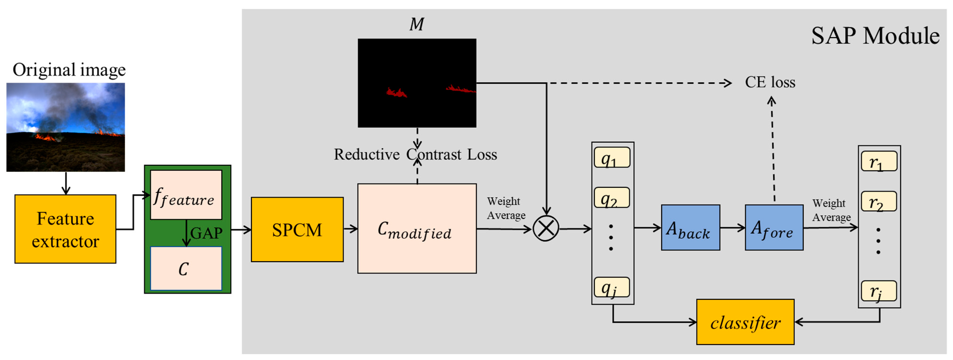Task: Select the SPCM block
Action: pyautogui.click(x=297, y=229)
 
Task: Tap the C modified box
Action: pyautogui.click(x=417, y=228)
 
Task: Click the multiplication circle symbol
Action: pyautogui.click(x=546, y=228)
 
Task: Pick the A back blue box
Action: pyautogui.click(x=690, y=228)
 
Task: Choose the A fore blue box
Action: pyautogui.click(x=774, y=228)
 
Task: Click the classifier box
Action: pyautogui.click(x=745, y=322)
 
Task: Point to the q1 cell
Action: pyautogui.click(x=612, y=158)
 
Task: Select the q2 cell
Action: pyautogui.click(x=612, y=198)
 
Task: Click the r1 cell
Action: pyautogui.click(x=879, y=161)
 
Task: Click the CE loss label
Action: pyautogui.click(x=770, y=82)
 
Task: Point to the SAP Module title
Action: pyautogui.click(x=875, y=36)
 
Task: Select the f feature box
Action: pyautogui.click(x=186, y=195)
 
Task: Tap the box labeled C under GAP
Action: pyautogui.click(x=186, y=269)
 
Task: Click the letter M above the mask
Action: pyautogui.click(x=417, y=24)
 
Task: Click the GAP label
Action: pyautogui.click(x=206, y=233)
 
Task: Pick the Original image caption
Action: pyautogui.click(x=69, y=70)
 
